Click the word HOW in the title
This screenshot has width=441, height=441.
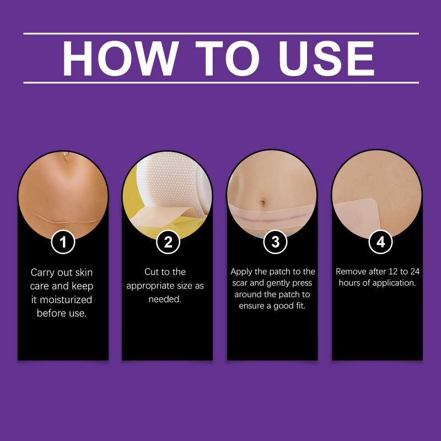point(120,58)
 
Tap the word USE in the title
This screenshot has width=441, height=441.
point(326,58)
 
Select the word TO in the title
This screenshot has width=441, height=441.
point(227,58)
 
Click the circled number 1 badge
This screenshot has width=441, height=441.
point(63,242)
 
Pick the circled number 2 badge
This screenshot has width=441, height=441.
point(168,242)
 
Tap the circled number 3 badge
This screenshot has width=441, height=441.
point(275,242)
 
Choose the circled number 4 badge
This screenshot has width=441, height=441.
point(380,242)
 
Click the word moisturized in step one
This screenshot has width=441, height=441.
point(66,299)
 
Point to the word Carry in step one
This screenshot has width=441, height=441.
point(42,273)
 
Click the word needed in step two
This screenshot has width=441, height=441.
point(165,299)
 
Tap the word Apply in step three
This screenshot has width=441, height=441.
point(241,272)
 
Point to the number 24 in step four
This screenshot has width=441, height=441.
point(415,271)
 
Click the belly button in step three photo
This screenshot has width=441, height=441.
point(263,202)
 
